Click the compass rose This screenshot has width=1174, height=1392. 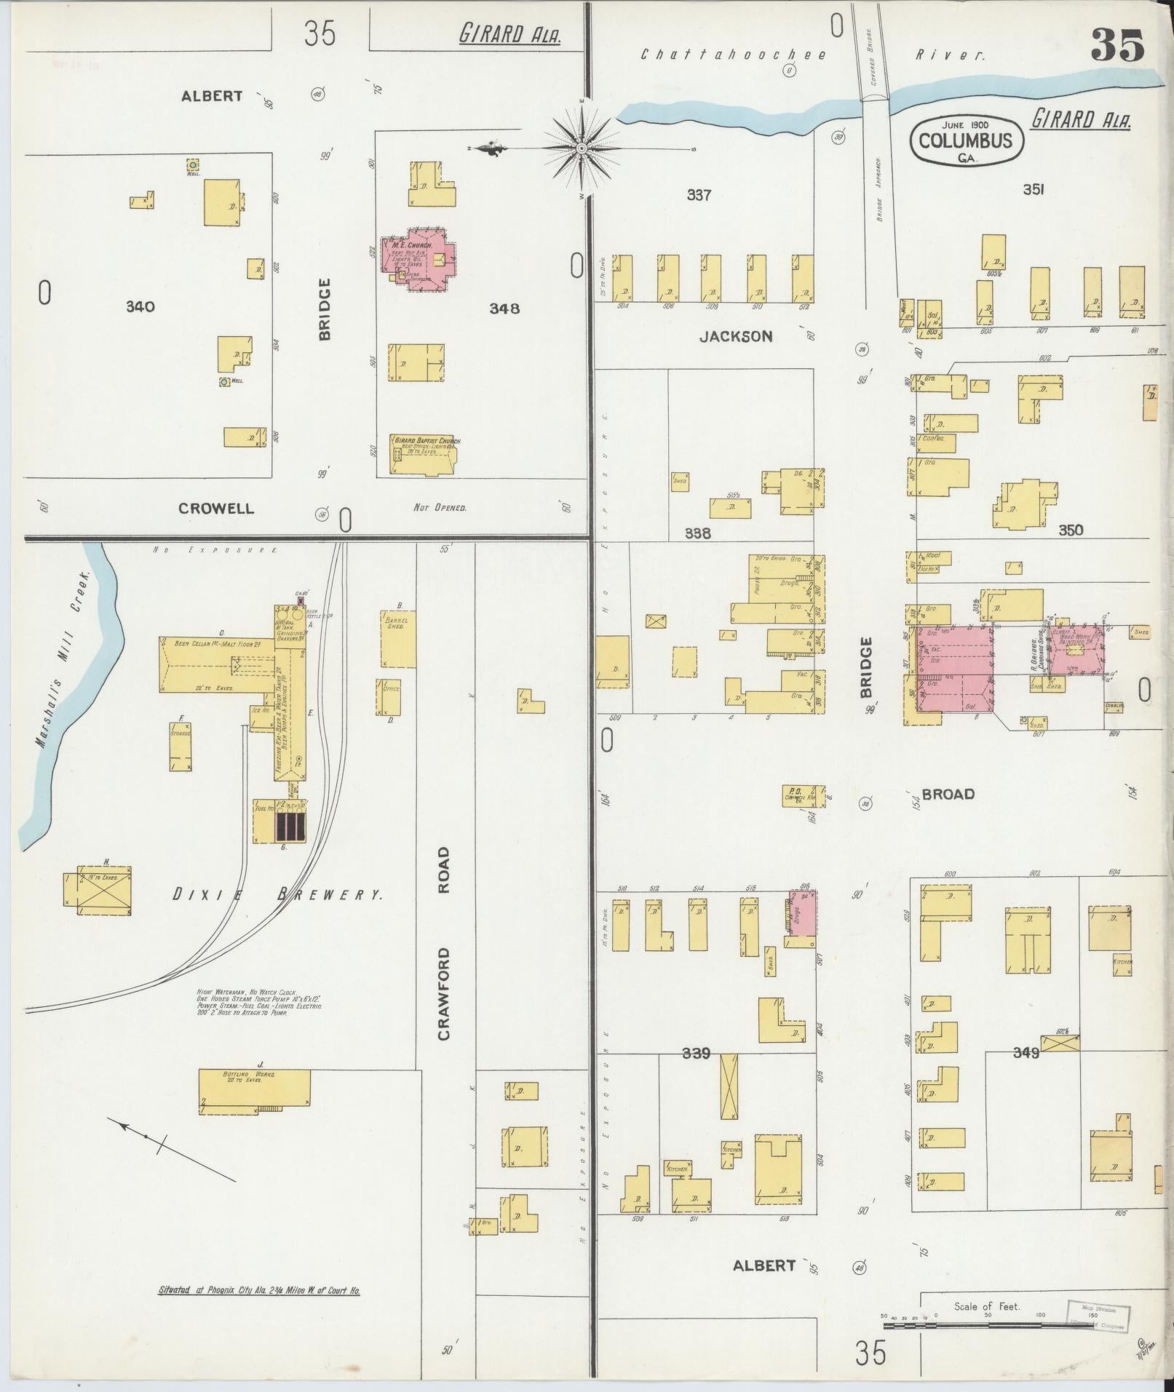(582, 149)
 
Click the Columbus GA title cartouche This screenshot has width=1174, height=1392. (966, 138)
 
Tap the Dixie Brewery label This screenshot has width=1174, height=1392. (277, 895)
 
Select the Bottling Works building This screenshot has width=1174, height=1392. (255, 1090)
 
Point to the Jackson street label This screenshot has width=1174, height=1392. (735, 336)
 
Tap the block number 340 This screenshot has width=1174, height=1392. (140, 306)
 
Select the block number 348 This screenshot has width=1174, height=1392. (504, 308)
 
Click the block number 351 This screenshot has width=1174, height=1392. (1034, 189)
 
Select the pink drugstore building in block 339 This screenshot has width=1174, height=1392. (803, 913)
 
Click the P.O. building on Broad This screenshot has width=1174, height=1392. (804, 795)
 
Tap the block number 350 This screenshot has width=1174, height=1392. (1071, 530)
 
